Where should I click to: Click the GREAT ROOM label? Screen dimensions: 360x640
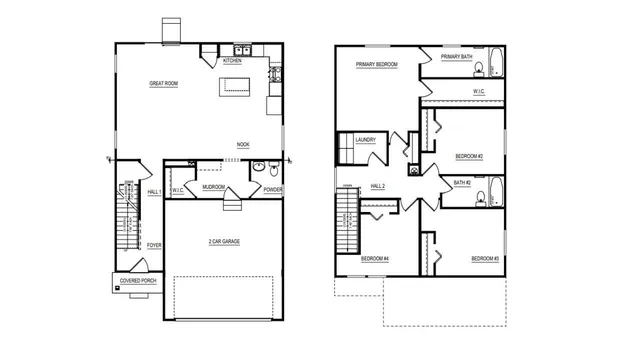pyautogui.click(x=164, y=83)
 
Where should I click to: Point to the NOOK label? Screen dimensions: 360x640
pyautogui.click(x=243, y=145)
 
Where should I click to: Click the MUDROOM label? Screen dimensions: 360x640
pyautogui.click(x=212, y=186)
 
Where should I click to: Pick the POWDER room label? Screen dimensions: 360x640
pyautogui.click(x=273, y=189)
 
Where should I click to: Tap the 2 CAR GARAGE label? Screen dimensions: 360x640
pyautogui.click(x=224, y=242)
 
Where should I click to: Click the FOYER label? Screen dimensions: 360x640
pyautogui.click(x=154, y=244)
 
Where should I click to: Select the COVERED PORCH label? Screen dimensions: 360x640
pyautogui.click(x=138, y=282)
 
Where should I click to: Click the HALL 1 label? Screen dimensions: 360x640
pyautogui.click(x=154, y=191)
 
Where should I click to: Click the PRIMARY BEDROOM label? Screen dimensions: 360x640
pyautogui.click(x=377, y=64)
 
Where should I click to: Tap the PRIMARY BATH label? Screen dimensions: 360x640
pyautogui.click(x=457, y=57)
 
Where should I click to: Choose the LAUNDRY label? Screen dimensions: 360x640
pyautogui.click(x=365, y=140)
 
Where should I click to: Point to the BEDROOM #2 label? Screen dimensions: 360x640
pyautogui.click(x=469, y=157)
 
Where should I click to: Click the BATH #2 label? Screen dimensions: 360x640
pyautogui.click(x=461, y=183)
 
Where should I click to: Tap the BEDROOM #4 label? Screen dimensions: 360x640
pyautogui.click(x=375, y=259)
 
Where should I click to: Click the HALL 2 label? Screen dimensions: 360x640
pyautogui.click(x=378, y=186)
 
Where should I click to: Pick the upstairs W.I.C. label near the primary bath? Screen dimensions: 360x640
pyautogui.click(x=479, y=91)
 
